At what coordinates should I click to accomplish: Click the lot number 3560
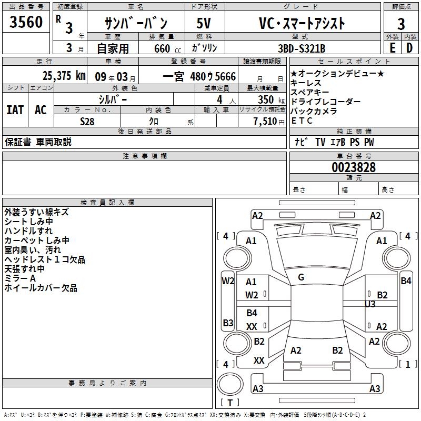[26, 22]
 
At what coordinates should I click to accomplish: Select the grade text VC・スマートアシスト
[302, 23]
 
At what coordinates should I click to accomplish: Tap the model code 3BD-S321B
[302, 48]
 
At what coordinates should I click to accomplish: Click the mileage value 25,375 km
[64, 76]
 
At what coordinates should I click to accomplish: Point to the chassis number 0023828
[354, 167]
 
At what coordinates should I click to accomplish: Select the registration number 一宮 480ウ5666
[199, 76]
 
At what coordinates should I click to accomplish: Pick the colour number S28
[87, 122]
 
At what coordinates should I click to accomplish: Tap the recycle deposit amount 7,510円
[269, 122]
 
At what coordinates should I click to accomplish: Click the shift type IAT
[15, 110]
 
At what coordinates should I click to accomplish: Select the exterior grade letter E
[392, 48]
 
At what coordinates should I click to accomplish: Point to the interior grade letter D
[409, 48]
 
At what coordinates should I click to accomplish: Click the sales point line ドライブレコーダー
[325, 102]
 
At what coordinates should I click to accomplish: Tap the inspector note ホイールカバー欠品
[41, 288]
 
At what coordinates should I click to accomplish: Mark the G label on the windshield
[301, 277]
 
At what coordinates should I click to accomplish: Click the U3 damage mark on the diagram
[370, 304]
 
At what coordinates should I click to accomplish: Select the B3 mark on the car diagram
[228, 323]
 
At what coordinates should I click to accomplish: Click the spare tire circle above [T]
[230, 384]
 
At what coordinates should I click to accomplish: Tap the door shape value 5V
[204, 23]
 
